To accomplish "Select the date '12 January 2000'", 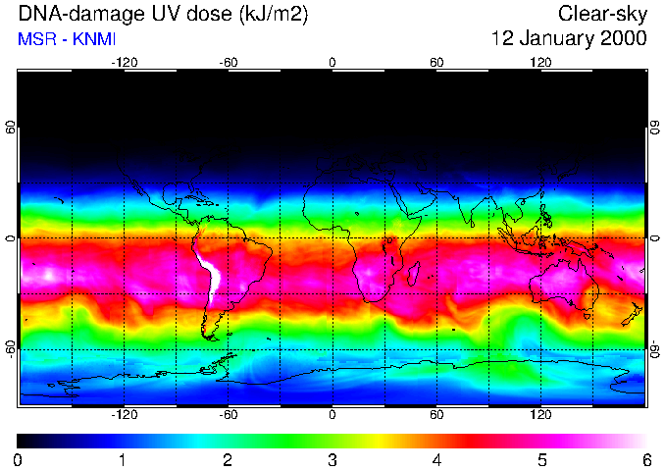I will point(569,39).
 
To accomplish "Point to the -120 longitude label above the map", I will point(124,62).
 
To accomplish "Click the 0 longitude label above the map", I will point(332,62).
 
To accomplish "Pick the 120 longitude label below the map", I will point(540,414).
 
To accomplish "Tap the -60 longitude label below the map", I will point(228,414).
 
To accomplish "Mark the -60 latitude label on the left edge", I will point(11,348).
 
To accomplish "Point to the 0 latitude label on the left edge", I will point(11,238).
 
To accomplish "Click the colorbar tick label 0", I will point(19,459).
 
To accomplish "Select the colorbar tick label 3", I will point(332,459).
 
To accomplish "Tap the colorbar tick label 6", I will point(645,459).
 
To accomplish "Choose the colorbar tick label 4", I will point(436,459).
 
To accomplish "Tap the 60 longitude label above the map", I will point(436,62).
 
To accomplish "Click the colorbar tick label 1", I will point(123,459).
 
